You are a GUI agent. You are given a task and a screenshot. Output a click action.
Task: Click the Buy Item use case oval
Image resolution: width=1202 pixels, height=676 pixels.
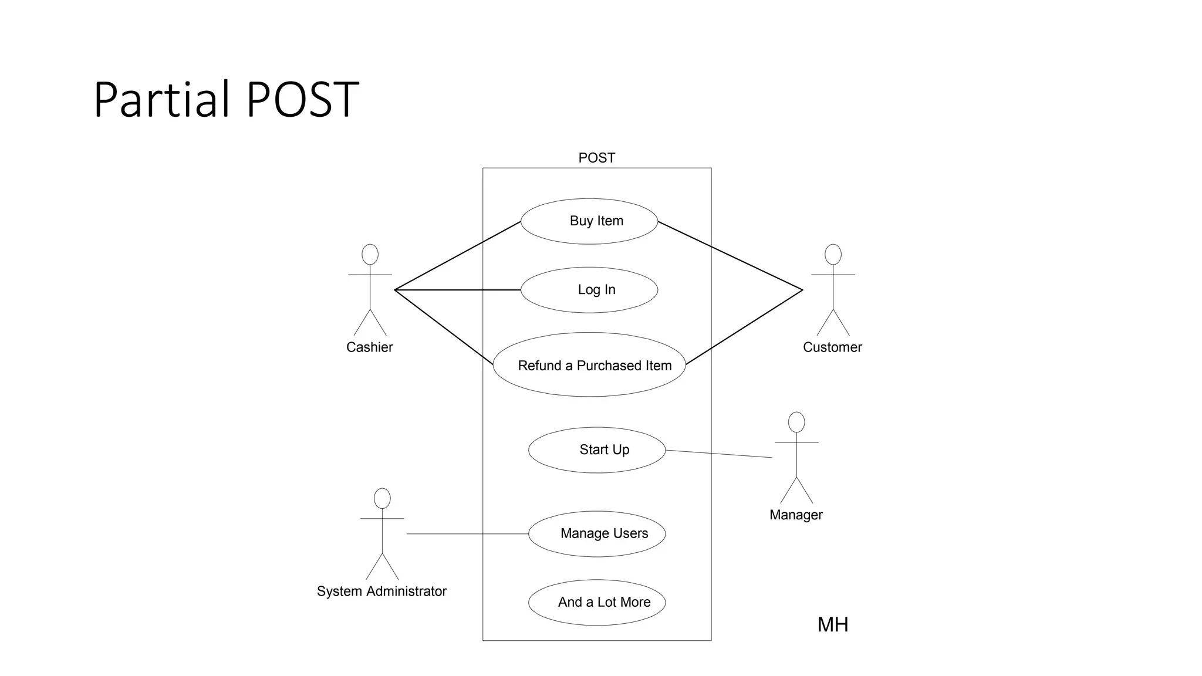(x=589, y=221)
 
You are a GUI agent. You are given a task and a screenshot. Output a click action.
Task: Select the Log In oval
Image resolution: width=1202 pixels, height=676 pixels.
(x=589, y=290)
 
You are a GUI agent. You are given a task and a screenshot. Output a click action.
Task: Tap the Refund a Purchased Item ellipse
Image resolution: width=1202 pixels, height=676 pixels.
(x=589, y=365)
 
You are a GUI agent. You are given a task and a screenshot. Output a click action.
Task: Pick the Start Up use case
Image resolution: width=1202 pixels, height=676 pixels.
(x=597, y=450)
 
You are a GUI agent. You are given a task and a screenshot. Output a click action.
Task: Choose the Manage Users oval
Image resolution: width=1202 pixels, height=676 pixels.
(x=597, y=534)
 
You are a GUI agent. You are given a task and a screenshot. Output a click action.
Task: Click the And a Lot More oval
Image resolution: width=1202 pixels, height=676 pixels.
(x=597, y=603)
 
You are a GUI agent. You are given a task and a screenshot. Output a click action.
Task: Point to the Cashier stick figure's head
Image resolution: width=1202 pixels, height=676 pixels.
(x=370, y=255)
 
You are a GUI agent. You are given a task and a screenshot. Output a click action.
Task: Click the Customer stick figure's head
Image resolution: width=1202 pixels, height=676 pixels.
(x=833, y=255)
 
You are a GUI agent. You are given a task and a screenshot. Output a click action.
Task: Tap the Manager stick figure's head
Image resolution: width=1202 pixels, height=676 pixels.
(x=796, y=422)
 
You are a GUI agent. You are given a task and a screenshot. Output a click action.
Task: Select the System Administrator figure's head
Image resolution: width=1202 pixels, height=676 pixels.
(x=382, y=499)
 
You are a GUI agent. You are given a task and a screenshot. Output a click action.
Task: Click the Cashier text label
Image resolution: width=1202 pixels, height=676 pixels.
(x=369, y=347)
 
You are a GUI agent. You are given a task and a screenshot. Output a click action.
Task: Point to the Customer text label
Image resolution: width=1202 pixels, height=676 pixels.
(x=832, y=347)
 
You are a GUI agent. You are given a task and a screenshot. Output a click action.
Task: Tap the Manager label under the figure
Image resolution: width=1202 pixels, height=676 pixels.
(x=796, y=515)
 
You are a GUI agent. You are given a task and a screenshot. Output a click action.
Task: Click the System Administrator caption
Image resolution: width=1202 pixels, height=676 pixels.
(x=381, y=591)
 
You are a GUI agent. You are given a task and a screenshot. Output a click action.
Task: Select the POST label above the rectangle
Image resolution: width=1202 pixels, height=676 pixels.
(x=596, y=158)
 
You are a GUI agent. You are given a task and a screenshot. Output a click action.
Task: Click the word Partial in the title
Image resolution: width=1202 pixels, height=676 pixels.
(x=161, y=99)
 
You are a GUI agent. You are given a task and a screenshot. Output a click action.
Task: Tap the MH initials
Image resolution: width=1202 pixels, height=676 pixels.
(x=833, y=625)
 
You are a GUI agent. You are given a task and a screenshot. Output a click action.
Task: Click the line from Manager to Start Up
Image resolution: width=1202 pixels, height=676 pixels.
(x=719, y=454)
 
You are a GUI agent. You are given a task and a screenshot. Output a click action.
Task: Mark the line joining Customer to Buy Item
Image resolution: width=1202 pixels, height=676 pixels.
(x=730, y=255)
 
